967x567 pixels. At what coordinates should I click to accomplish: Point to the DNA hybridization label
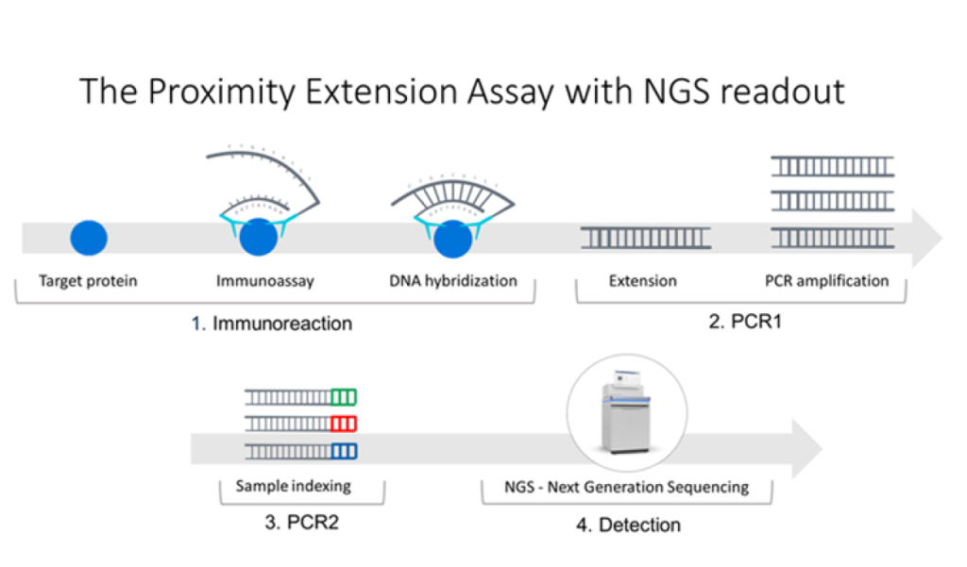click(453, 280)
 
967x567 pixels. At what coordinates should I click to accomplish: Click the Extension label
click(642, 280)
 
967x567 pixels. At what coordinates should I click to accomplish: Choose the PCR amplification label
click(826, 280)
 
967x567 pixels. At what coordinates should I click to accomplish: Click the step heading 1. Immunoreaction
click(272, 324)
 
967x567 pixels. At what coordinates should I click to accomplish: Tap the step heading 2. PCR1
click(745, 322)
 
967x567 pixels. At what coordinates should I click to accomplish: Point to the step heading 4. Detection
click(628, 524)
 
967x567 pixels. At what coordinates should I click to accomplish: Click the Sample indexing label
click(293, 487)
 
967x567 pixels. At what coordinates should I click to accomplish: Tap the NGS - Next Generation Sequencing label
click(628, 487)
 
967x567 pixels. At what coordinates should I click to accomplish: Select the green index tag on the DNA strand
click(345, 396)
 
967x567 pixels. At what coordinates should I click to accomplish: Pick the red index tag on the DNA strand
click(345, 423)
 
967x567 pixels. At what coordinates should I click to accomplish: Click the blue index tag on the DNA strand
click(345, 450)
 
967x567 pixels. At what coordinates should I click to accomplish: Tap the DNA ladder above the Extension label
click(646, 239)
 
